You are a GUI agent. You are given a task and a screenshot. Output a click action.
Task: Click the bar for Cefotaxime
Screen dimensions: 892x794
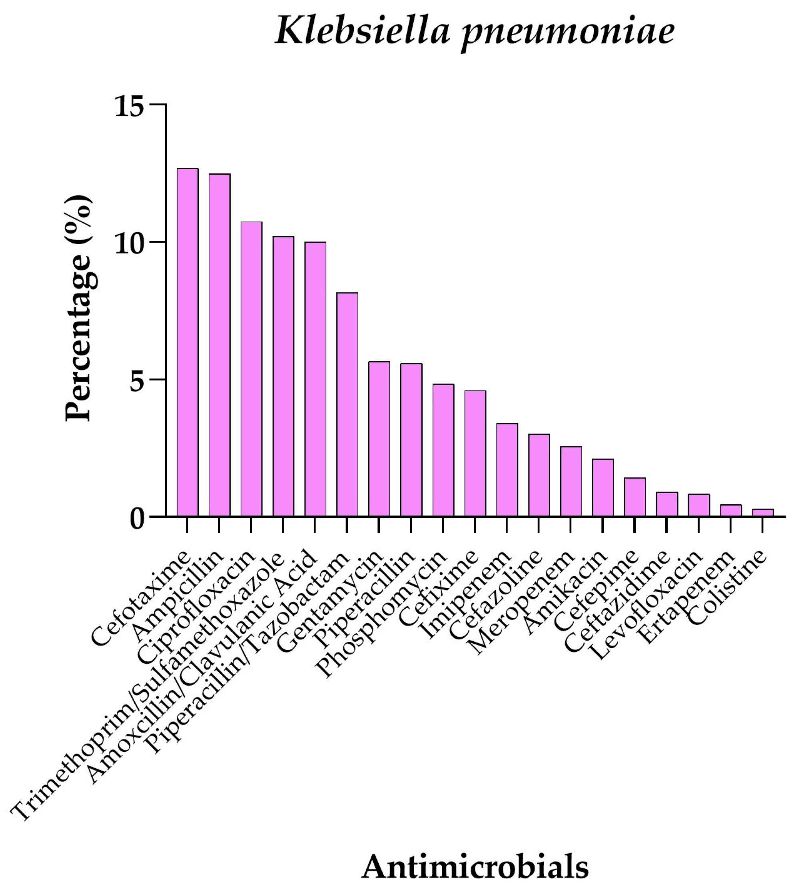187,342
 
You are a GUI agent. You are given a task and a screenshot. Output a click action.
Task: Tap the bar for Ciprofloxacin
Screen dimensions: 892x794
251,369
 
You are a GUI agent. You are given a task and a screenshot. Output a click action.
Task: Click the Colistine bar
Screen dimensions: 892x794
763,513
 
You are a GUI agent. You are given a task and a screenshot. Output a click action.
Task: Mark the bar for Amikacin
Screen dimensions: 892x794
603,488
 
